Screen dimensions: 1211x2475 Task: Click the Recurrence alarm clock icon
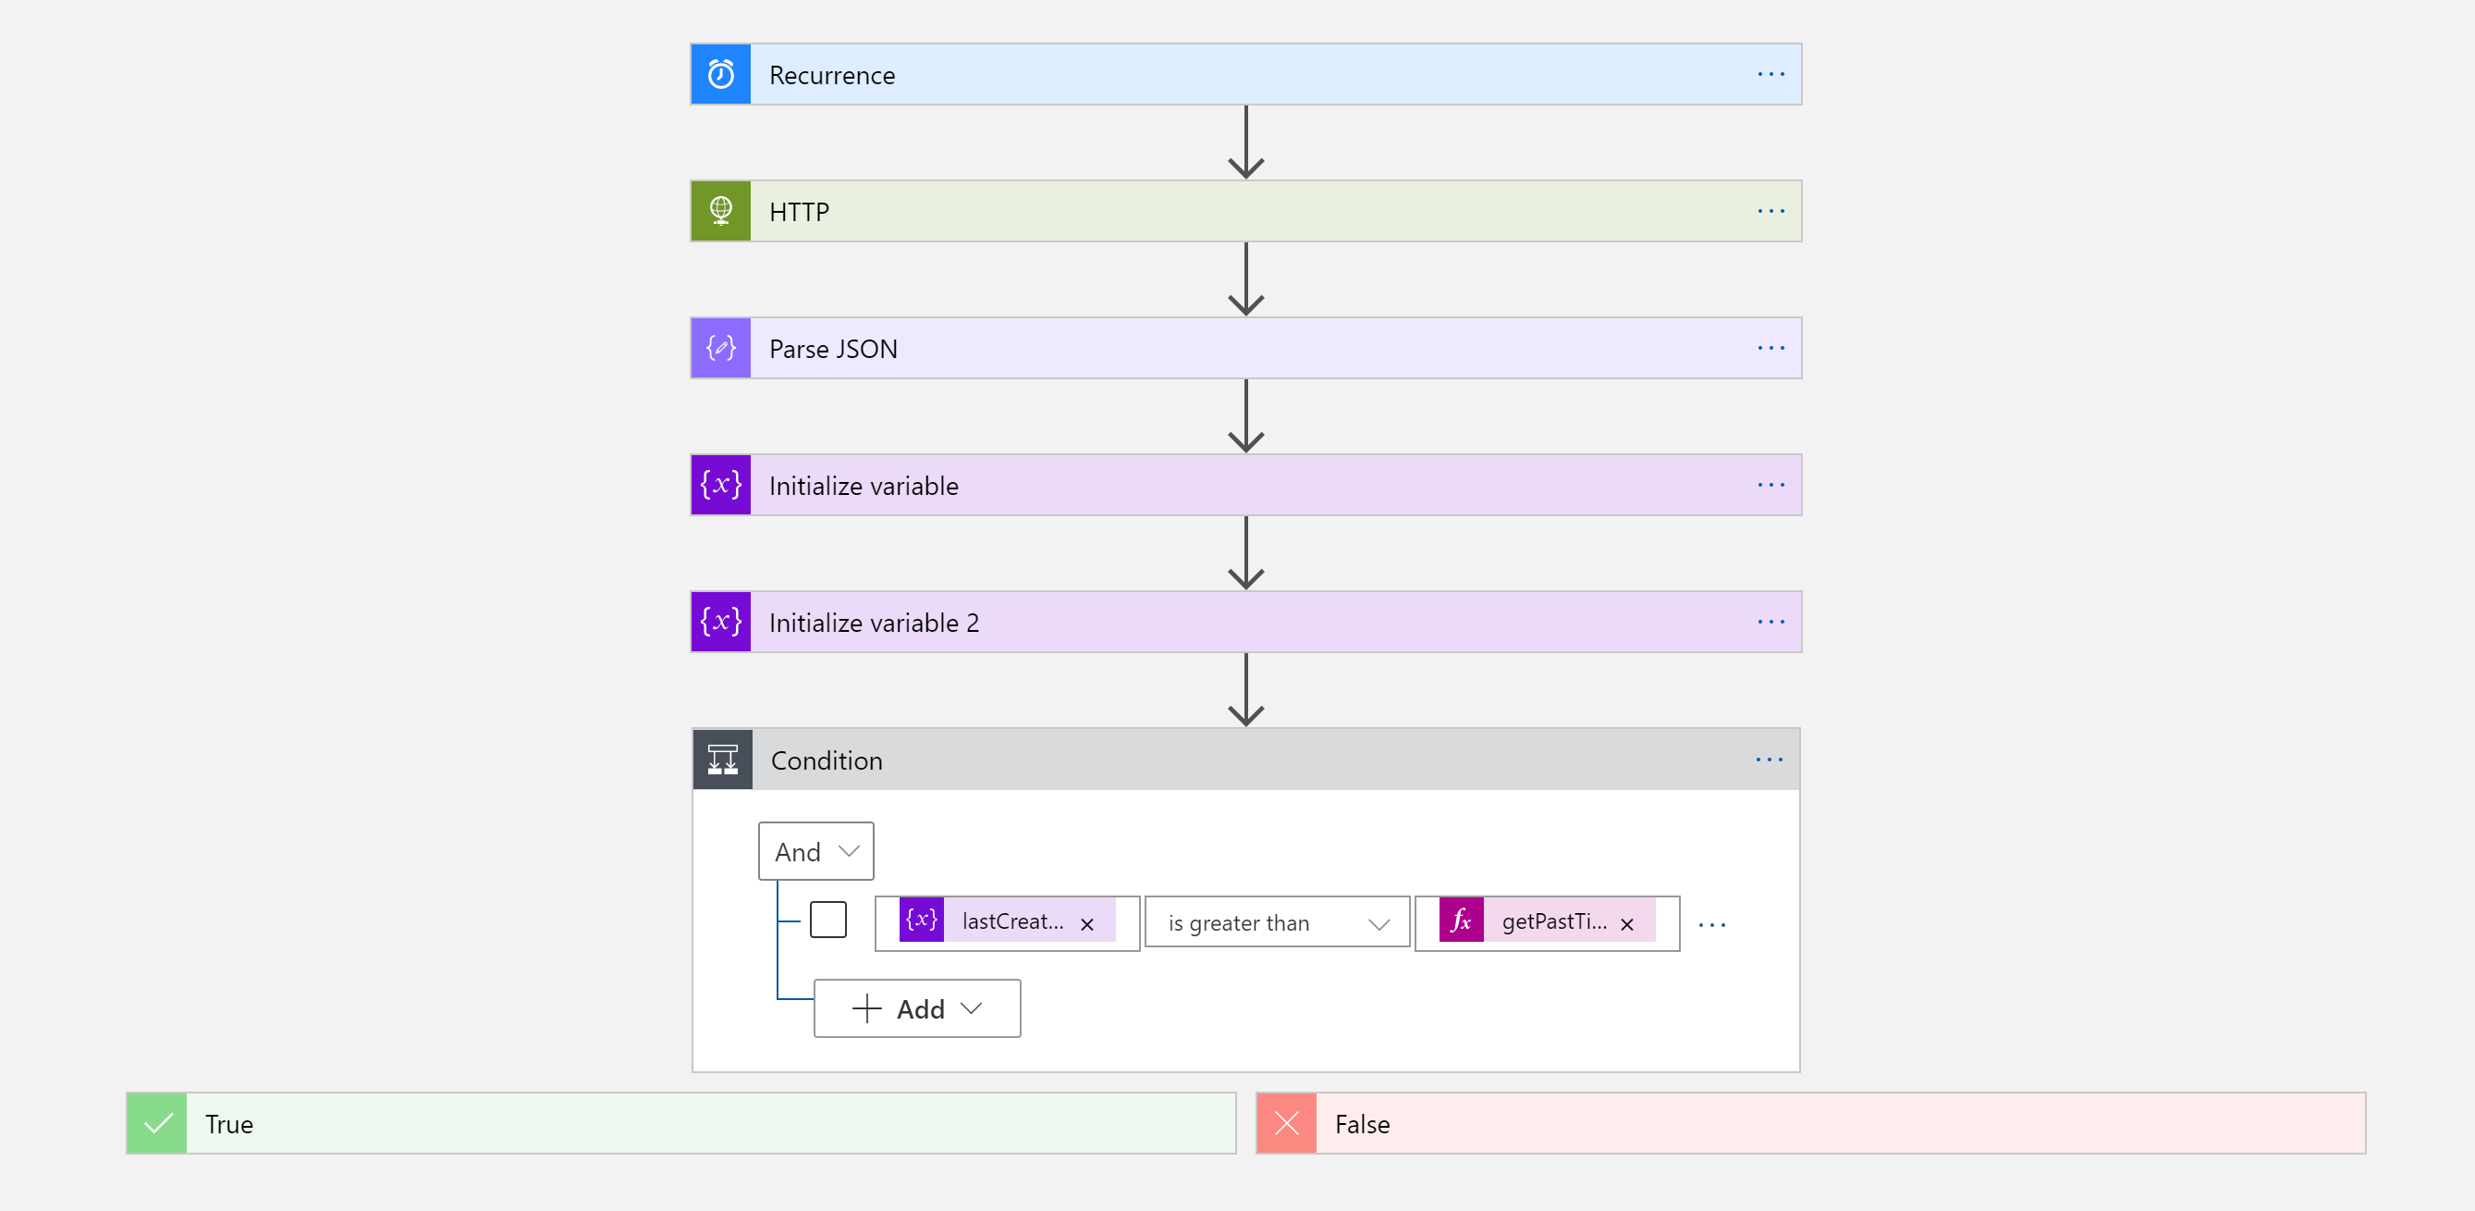tap(720, 74)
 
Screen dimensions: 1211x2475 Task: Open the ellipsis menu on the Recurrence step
tap(1770, 74)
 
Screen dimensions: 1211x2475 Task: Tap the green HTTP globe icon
tap(720, 211)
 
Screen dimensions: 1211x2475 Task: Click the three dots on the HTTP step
tap(1770, 211)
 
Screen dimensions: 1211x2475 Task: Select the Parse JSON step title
tap(833, 349)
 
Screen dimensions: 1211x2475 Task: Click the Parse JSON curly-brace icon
tap(720, 348)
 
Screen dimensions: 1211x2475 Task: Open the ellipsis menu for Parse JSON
tap(1770, 348)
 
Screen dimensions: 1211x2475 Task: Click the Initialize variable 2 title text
tap(874, 623)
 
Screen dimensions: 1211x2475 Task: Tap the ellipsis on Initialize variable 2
tap(1770, 622)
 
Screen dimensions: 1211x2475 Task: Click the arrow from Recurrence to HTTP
tap(1245, 142)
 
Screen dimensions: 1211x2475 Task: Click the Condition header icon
tap(722, 760)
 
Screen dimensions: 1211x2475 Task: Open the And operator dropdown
tap(815, 851)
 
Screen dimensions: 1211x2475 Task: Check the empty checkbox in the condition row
tap(827, 920)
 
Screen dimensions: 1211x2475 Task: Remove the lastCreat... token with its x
tap(1086, 923)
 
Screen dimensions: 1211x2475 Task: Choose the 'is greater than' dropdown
tap(1277, 922)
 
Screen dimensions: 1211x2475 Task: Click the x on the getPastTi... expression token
tap(1626, 923)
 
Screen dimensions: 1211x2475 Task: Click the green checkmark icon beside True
tap(157, 1122)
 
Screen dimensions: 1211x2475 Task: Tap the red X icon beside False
tap(1286, 1122)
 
